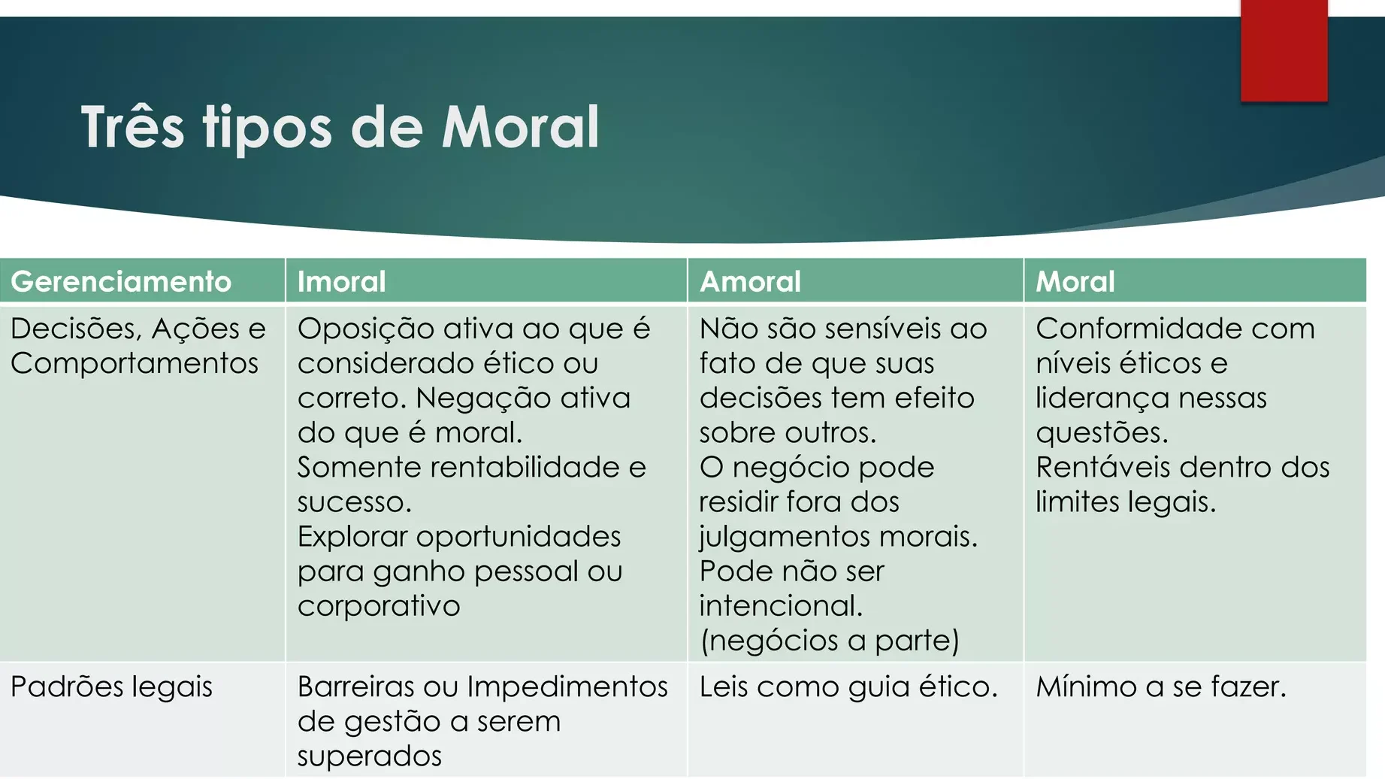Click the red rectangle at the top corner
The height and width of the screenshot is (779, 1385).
pyautogui.click(x=1284, y=50)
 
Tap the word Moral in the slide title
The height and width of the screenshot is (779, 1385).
pyautogui.click(x=520, y=126)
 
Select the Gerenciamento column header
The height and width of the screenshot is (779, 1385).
pyautogui.click(x=121, y=281)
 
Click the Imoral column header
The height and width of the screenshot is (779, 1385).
pyautogui.click(x=341, y=281)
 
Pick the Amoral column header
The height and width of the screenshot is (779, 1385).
pyautogui.click(x=750, y=281)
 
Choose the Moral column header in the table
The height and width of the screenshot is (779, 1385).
pyautogui.click(x=1075, y=281)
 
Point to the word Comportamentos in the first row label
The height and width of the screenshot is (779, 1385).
pyautogui.click(x=135, y=364)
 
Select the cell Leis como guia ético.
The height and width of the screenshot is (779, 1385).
pyautogui.click(x=848, y=687)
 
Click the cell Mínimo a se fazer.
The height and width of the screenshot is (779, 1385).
pyautogui.click(x=1161, y=687)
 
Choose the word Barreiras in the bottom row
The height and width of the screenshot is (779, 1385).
pyautogui.click(x=355, y=687)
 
